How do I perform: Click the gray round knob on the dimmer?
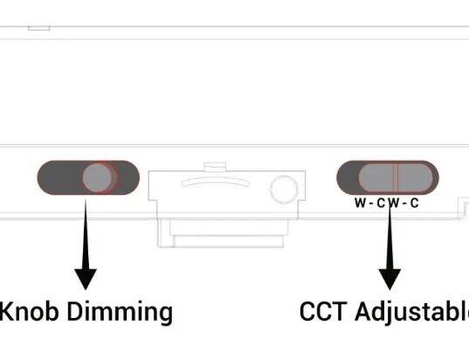pos(97,177)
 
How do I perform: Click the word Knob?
pos(29,312)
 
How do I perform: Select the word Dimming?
pos(120,313)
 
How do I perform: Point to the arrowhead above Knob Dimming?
pos(86,279)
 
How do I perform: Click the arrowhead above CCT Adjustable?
pos(390,279)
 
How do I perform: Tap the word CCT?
pos(323,312)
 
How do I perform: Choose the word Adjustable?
pos(412,313)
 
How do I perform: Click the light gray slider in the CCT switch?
pos(396,177)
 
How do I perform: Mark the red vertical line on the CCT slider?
pos(396,177)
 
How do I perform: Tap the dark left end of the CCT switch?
pos(348,177)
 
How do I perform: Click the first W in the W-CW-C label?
pos(360,203)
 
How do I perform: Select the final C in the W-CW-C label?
pos(414,203)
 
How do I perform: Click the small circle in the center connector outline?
pos(284,190)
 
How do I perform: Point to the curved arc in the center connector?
pos(216,182)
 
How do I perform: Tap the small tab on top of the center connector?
pos(215,166)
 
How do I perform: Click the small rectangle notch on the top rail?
pos(39,28)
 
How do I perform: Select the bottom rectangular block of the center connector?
pos(229,241)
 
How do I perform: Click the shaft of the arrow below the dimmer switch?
pos(86,234)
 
